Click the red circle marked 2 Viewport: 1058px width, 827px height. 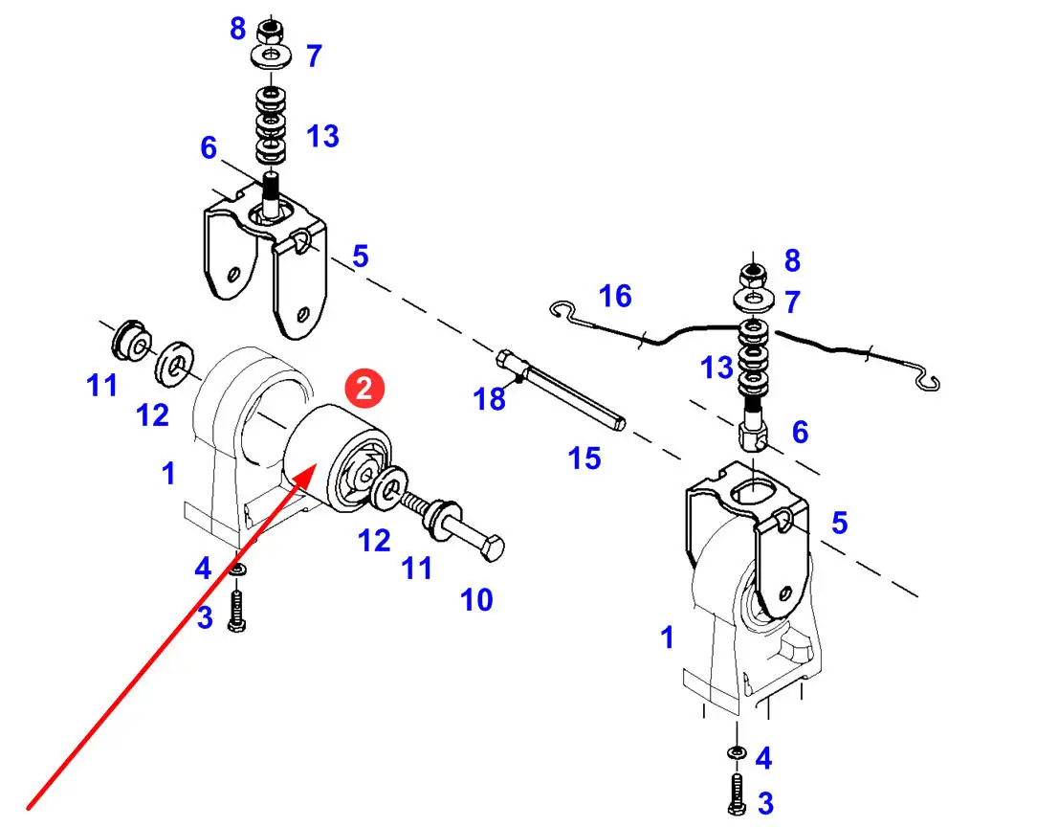364,389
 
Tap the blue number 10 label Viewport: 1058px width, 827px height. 476,600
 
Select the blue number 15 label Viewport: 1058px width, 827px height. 584,458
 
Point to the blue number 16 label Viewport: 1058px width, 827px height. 615,297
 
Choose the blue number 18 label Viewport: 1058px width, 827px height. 490,398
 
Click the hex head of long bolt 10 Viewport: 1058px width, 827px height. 492,550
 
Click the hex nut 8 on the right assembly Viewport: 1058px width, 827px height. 754,275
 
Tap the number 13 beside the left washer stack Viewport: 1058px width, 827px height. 323,136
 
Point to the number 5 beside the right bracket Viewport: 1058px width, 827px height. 839,523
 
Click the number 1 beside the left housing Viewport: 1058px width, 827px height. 169,473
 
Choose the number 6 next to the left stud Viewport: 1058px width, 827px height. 209,148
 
